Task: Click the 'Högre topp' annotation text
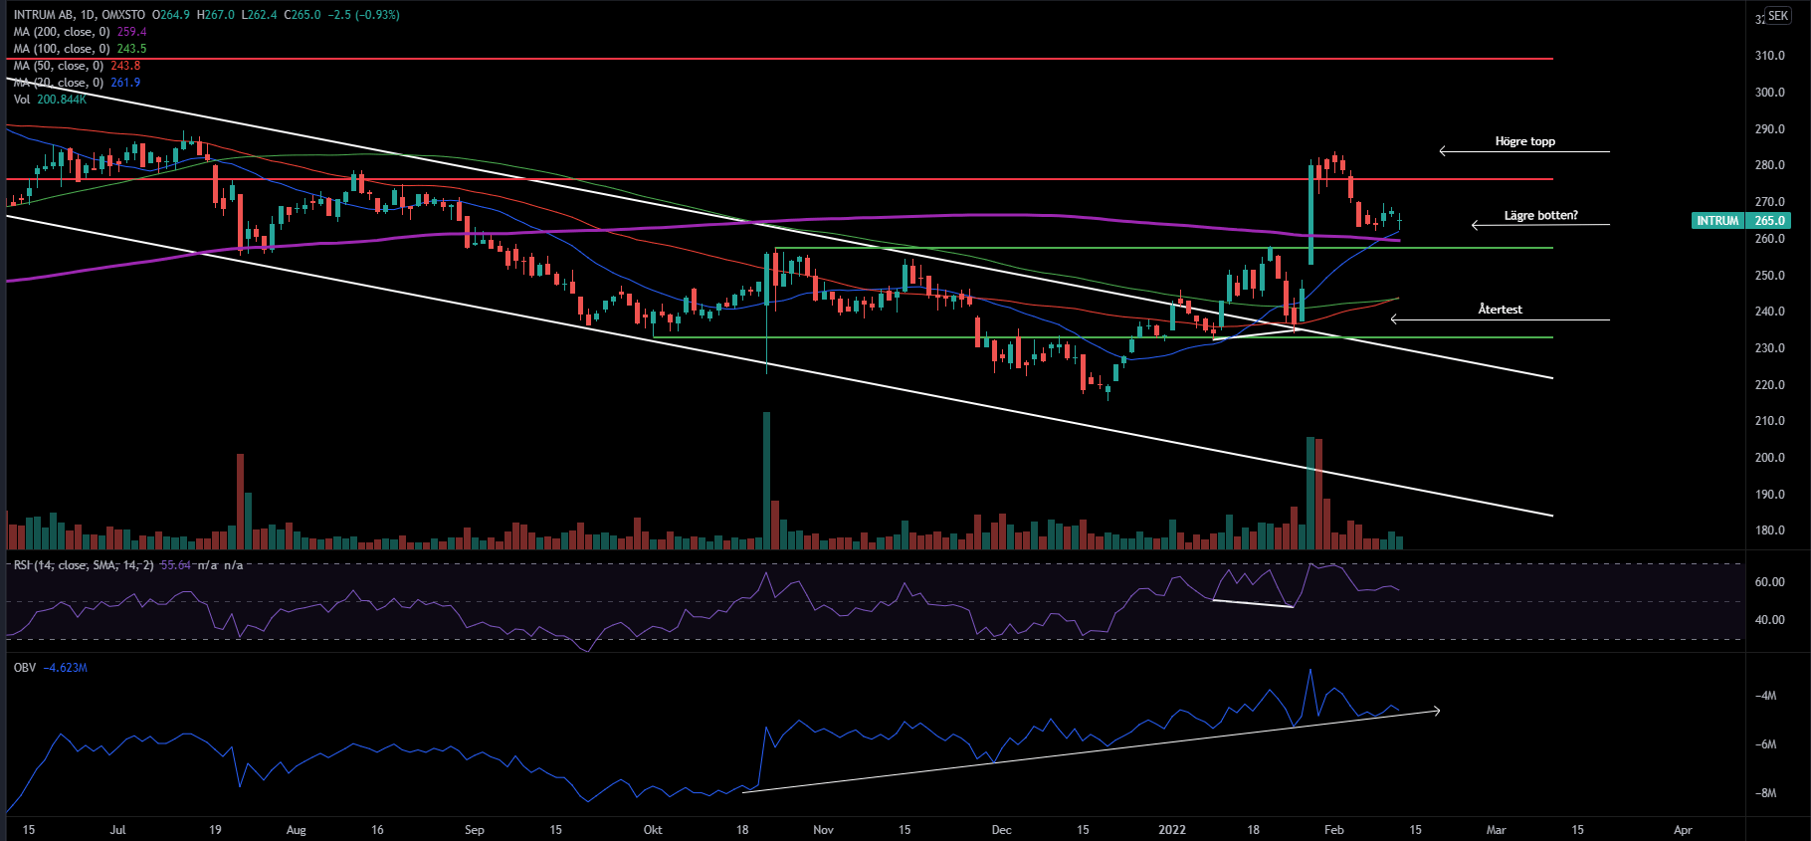pyautogui.click(x=1524, y=141)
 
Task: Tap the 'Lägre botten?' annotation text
pyautogui.click(x=1540, y=215)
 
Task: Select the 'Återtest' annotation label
pyautogui.click(x=1500, y=310)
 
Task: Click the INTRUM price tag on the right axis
pyautogui.click(x=1717, y=221)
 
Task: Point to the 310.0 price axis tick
pyautogui.click(x=1769, y=56)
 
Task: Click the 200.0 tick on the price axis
pyautogui.click(x=1769, y=458)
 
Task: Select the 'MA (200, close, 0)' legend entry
pyautogui.click(x=62, y=32)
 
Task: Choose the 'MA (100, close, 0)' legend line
pyautogui.click(x=62, y=49)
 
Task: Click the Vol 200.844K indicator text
pyautogui.click(x=50, y=100)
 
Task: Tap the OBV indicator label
pyautogui.click(x=25, y=668)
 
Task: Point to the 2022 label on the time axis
pyautogui.click(x=1172, y=830)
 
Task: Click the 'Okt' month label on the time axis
pyautogui.click(x=653, y=830)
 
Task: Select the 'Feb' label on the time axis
pyautogui.click(x=1334, y=830)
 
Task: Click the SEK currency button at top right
pyautogui.click(x=1778, y=16)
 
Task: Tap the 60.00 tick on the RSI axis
pyautogui.click(x=1769, y=582)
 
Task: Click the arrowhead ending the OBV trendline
pyautogui.click(x=1436, y=711)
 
